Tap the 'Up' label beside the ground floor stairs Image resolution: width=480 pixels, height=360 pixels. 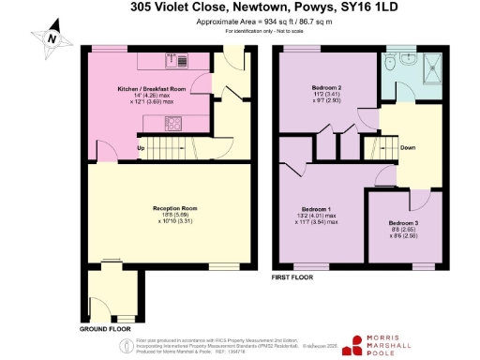coord(142,148)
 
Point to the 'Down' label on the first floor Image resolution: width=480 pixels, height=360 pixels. coord(408,147)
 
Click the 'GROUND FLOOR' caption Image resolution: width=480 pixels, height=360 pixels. coord(105,329)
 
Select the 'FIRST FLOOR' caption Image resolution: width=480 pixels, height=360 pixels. coord(292,278)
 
